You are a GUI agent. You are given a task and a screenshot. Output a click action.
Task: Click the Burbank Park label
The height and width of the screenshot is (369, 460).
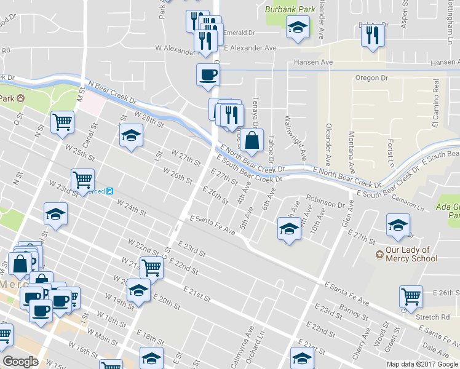[290, 9]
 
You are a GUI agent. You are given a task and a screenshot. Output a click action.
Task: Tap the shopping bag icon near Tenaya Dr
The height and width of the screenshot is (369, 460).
[252, 140]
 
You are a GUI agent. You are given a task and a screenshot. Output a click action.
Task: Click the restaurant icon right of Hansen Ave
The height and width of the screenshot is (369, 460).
[373, 35]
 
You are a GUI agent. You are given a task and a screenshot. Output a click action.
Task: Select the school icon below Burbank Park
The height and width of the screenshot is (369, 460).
[298, 27]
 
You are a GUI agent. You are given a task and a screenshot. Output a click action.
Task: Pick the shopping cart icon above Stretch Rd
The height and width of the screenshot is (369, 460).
[410, 296]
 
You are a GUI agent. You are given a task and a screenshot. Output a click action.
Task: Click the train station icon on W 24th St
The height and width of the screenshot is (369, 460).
[109, 191]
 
